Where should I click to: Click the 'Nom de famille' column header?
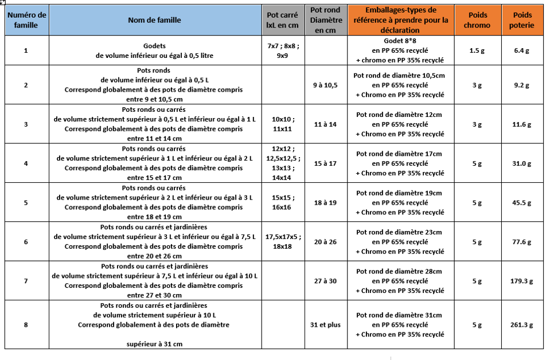click(154, 20)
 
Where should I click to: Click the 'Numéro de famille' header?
click(26, 20)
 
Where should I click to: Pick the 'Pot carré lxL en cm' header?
click(283, 20)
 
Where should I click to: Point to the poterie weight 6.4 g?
click(521, 50)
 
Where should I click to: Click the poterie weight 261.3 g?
click(521, 324)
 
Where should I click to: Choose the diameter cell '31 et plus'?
click(325, 324)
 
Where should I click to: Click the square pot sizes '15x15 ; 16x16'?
click(283, 202)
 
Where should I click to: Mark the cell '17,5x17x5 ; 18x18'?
click(283, 241)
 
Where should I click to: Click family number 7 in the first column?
click(26, 281)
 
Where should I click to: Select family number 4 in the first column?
click(26, 163)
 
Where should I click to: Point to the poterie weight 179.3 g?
click(521, 281)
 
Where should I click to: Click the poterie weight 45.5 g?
click(521, 202)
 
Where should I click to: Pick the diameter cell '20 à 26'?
click(325, 241)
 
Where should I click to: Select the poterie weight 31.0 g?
click(521, 163)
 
